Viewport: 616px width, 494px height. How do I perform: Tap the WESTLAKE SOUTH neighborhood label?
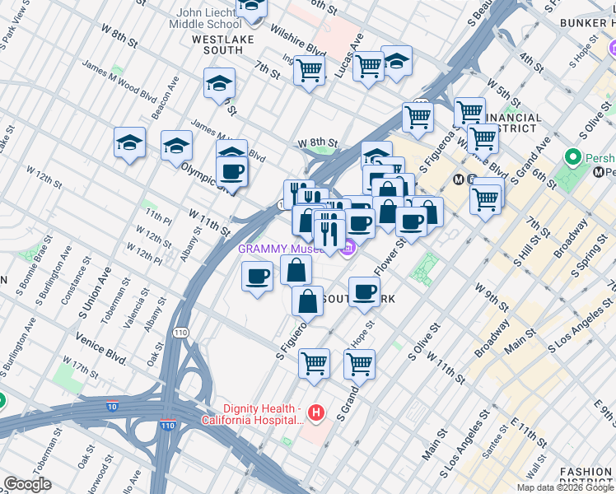[x=217, y=44]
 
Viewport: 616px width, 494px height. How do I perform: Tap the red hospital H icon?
[x=315, y=412]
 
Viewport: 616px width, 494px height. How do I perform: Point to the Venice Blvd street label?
[x=100, y=360]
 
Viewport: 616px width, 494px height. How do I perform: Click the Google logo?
[x=27, y=484]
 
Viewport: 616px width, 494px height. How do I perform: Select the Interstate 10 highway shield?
[x=111, y=405]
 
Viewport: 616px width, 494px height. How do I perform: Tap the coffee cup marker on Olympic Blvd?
[x=231, y=172]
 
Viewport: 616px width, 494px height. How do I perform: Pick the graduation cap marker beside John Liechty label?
[x=251, y=8]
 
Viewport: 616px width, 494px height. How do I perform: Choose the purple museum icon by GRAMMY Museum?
[x=348, y=247]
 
